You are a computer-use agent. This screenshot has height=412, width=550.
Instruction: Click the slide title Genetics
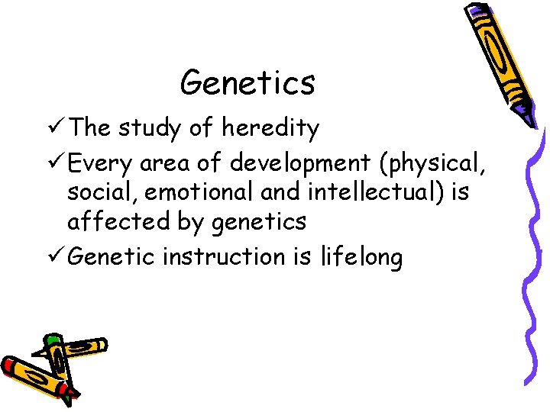tap(247, 82)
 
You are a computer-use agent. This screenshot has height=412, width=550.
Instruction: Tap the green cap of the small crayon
tap(52, 341)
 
